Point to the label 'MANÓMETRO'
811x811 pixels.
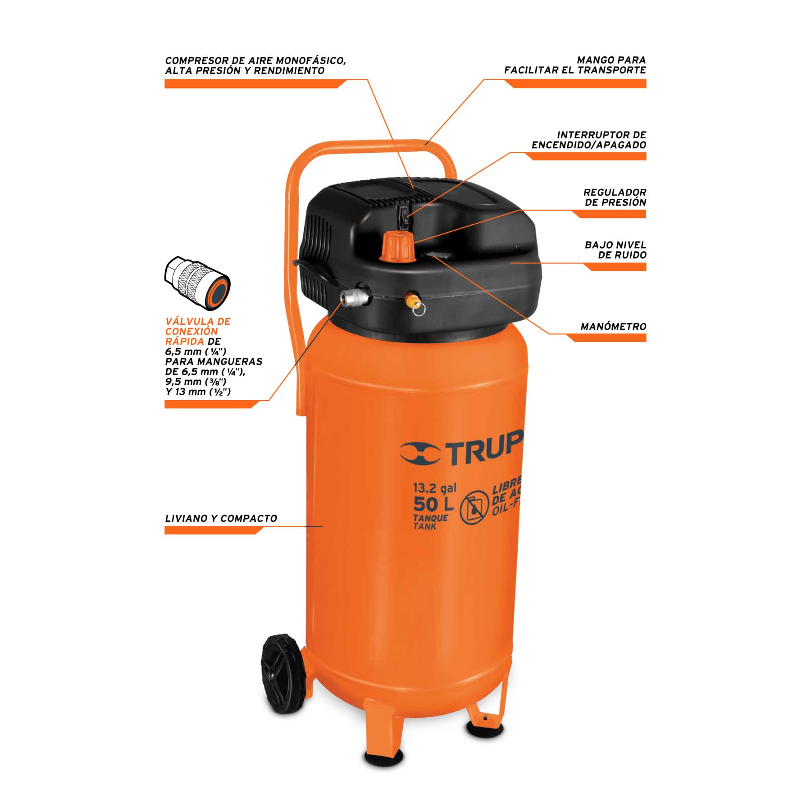pyautogui.click(x=613, y=327)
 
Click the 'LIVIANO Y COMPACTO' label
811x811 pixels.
pyautogui.click(x=221, y=518)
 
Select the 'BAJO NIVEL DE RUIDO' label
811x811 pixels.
pyautogui.click(x=615, y=250)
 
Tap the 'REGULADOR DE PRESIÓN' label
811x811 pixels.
pyautogui.click(x=615, y=197)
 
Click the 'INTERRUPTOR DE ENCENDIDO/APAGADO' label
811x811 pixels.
pyautogui.click(x=589, y=140)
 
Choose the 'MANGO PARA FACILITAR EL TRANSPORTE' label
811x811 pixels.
pyautogui.click(x=575, y=65)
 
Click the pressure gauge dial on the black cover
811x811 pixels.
pyautogui.click(x=439, y=255)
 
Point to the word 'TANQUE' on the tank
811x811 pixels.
pyautogui.click(x=431, y=519)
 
